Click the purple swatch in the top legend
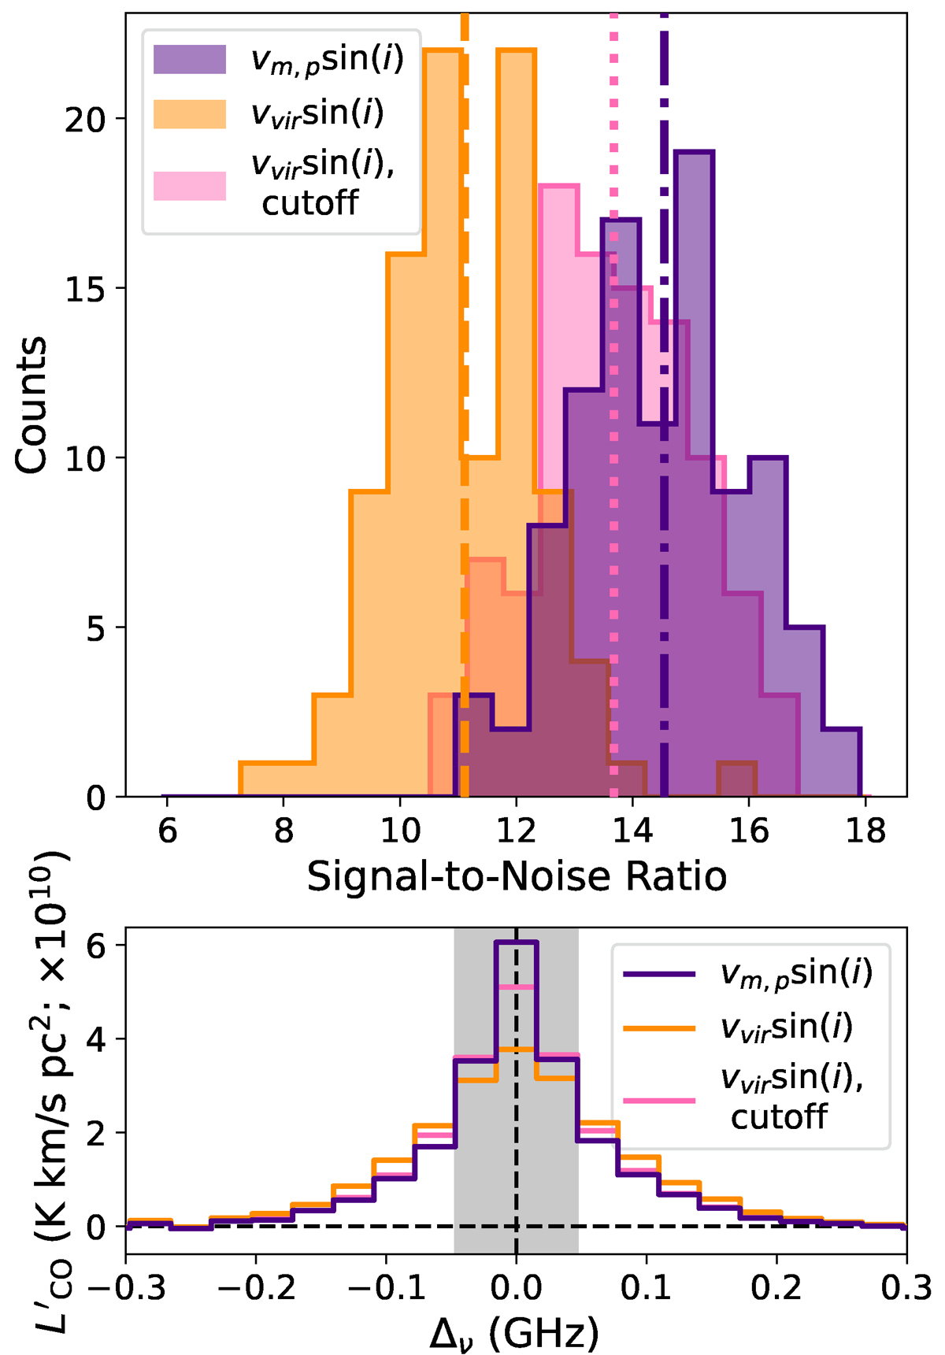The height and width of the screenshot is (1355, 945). pos(190,60)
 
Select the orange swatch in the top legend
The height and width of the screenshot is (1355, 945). pos(190,114)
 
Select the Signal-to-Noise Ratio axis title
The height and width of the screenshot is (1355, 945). pos(516,876)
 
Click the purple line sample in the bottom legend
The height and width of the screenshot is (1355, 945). pos(659,975)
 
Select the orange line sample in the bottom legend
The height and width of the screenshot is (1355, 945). pos(659,1027)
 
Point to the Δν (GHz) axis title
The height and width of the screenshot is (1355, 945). pos(514,1331)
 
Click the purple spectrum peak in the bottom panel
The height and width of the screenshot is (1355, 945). pos(516,942)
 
